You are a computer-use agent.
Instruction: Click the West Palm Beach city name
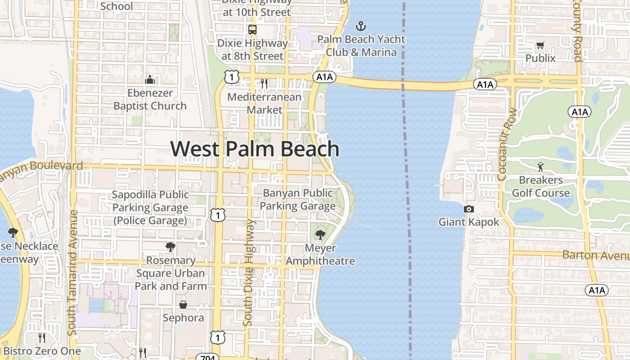tap(255, 149)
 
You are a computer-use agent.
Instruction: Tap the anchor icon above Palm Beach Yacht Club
tap(360, 26)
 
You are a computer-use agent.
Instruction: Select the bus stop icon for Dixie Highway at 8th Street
tap(252, 30)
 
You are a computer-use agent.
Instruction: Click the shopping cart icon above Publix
tap(540, 45)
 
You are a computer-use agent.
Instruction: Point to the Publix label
tap(540, 58)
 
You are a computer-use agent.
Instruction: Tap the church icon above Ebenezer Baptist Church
tap(150, 80)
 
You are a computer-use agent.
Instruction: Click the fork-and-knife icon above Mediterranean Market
tap(264, 84)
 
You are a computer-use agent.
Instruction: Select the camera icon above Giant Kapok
tap(469, 209)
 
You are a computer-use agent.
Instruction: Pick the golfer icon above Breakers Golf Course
tap(540, 167)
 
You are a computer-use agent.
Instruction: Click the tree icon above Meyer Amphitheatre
tap(320, 234)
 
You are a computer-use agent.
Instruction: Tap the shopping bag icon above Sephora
tap(183, 305)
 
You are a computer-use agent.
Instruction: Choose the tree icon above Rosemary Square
tap(170, 247)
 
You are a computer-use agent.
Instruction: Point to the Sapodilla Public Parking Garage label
tap(150, 207)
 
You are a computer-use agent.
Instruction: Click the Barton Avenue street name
tap(595, 255)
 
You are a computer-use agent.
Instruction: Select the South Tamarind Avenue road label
tap(73, 272)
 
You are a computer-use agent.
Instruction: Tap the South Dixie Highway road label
tap(248, 272)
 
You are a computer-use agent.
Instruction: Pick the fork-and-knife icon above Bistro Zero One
tap(42, 337)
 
